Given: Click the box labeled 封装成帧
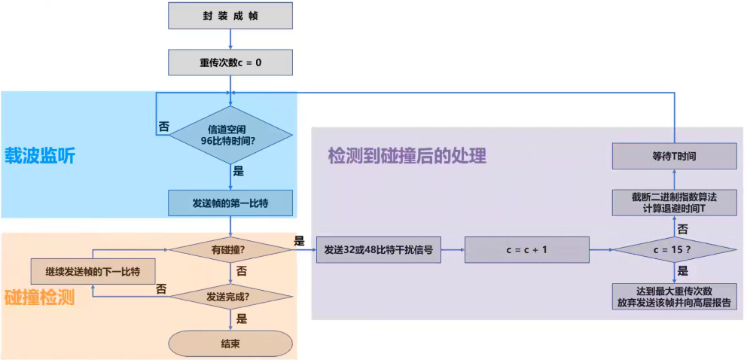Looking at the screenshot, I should [230, 15].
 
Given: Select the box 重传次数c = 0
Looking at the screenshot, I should [230, 63].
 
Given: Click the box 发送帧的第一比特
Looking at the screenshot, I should [230, 203].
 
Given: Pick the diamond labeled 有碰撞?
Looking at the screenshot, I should [230, 249].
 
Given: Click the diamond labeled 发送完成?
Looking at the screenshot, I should [230, 296].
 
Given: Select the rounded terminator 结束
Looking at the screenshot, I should [230, 343].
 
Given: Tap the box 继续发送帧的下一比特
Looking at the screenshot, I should [91, 270].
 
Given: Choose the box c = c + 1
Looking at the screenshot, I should [526, 249].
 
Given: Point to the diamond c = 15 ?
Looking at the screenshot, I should [673, 249].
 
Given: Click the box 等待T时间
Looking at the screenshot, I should [673, 157].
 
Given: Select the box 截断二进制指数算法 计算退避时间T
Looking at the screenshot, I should [673, 202].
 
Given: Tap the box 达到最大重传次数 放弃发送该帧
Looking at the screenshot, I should [673, 296].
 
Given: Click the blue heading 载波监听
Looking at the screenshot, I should [40, 156].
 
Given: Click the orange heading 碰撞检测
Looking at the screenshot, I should [40, 297].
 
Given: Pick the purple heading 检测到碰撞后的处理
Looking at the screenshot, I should [407, 156].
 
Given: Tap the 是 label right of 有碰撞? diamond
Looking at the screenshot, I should [299, 241].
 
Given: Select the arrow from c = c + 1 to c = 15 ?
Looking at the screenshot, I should [599, 249].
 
